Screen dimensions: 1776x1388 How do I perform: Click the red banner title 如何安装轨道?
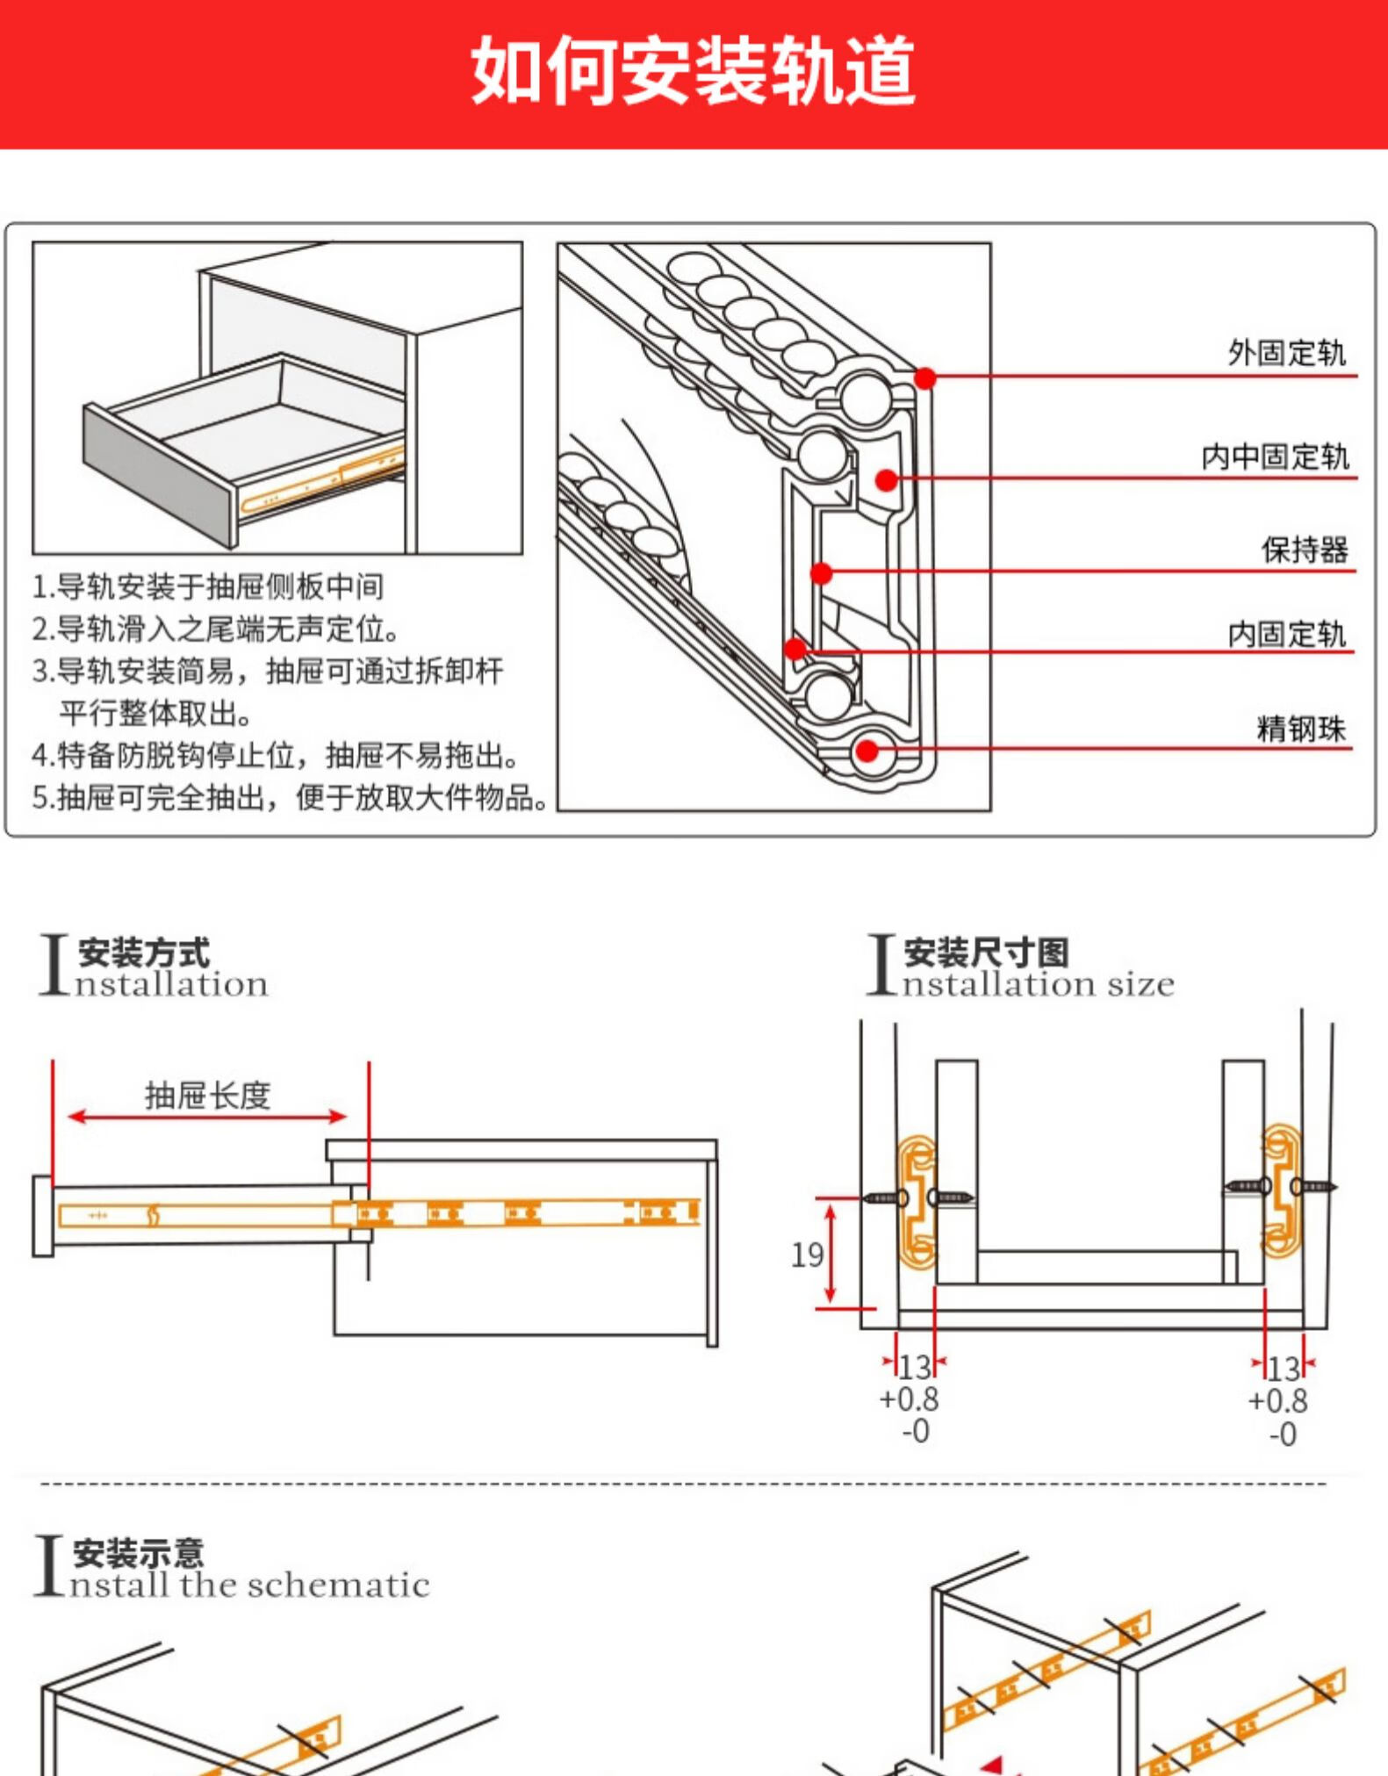693,72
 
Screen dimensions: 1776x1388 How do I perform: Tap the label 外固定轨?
1285,353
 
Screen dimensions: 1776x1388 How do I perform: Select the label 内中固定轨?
1274,457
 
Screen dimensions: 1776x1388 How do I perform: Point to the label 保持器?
1304,550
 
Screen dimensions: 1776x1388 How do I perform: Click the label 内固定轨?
1285,633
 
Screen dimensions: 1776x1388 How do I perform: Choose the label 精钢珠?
1300,729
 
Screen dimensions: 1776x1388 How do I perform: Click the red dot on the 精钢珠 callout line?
867,751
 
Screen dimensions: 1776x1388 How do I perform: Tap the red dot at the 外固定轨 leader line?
925,377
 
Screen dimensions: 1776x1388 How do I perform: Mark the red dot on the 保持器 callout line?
821,573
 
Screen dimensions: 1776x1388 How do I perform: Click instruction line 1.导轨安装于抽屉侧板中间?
208,586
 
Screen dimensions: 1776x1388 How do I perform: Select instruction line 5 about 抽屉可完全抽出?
290,797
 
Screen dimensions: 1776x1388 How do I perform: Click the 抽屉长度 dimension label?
207,1095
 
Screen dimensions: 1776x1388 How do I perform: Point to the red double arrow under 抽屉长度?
207,1117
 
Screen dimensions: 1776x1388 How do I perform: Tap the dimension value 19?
807,1255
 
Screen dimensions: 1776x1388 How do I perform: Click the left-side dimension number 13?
914,1367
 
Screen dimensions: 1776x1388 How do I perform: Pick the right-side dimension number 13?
1283,1369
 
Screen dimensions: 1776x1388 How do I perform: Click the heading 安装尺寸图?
986,953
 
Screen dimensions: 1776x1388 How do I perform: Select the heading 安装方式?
144,953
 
